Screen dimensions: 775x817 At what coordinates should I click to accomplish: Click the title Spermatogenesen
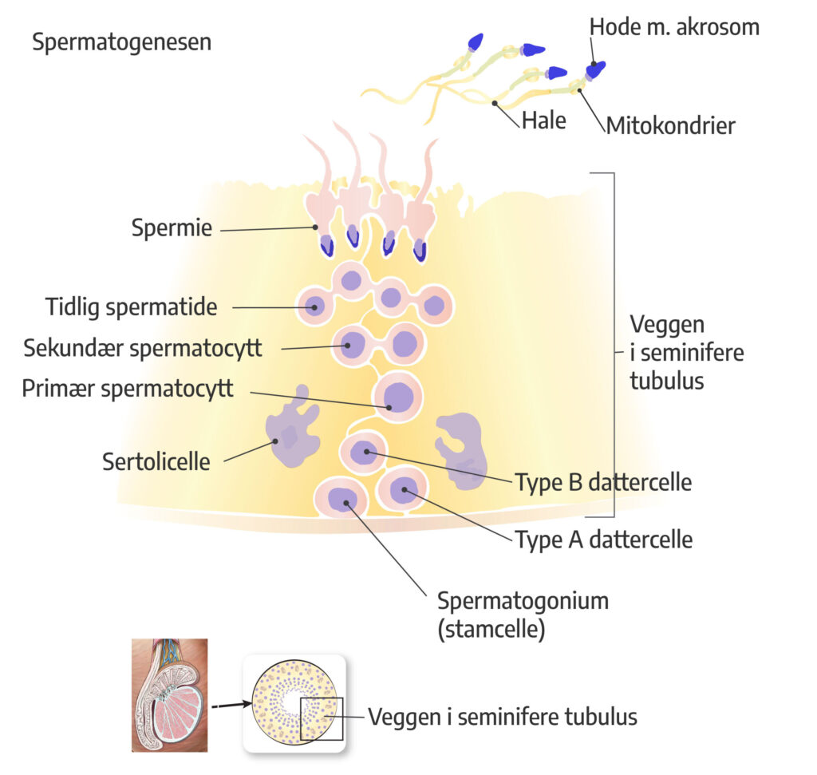[121, 42]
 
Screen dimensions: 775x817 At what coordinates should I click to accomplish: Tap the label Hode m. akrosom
[674, 27]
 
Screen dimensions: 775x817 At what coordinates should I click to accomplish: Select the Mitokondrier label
[670, 125]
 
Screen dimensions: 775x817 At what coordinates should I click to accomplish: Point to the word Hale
[543, 121]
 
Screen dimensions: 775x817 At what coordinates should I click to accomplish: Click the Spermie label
[172, 229]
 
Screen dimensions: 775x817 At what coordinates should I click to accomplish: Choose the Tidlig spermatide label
[131, 306]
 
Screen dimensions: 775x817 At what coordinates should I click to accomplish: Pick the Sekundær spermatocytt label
[143, 348]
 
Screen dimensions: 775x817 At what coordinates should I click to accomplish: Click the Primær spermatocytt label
[128, 389]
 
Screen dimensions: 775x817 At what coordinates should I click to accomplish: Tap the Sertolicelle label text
[156, 461]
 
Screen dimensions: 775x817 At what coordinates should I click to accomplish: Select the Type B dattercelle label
[602, 483]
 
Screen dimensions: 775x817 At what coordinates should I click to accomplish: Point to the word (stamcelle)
[491, 629]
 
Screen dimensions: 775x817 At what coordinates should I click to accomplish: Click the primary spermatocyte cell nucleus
[397, 396]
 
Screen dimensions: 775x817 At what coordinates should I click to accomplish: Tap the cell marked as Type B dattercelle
[364, 453]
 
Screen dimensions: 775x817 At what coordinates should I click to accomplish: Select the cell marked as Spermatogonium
[341, 498]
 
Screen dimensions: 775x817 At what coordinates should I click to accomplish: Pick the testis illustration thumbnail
[169, 694]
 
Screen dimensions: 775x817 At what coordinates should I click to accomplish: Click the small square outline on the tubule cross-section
[322, 718]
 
